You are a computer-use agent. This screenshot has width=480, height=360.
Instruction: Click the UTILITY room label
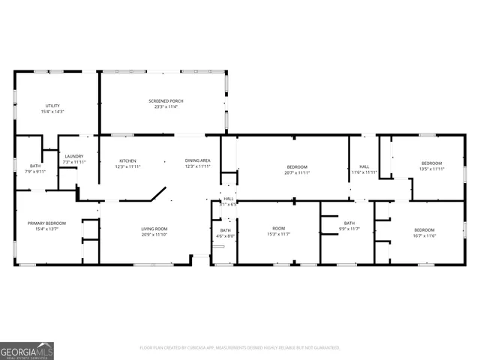(52, 106)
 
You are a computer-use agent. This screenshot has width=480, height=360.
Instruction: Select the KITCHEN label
(128, 161)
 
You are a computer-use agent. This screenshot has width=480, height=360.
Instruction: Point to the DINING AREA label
(198, 161)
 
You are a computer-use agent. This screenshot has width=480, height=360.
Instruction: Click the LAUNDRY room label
(73, 156)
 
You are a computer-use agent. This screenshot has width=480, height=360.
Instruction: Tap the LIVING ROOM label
(154, 229)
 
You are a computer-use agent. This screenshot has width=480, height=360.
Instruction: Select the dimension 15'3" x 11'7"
(279, 235)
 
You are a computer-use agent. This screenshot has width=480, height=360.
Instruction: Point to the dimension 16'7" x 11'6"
(424, 235)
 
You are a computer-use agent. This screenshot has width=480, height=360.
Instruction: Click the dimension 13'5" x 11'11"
(431, 169)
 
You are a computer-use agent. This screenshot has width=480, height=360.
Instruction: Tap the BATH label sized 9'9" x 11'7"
(349, 223)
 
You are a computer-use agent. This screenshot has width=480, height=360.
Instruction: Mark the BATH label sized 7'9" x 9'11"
(35, 166)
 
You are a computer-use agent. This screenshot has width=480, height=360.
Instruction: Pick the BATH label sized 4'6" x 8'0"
(226, 230)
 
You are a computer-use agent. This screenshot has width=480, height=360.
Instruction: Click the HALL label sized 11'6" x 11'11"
(364, 166)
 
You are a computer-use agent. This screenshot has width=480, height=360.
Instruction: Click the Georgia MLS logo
(27, 350)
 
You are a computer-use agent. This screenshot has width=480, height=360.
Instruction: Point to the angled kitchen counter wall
(158, 194)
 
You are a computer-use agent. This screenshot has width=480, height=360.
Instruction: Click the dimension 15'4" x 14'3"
(52, 112)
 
